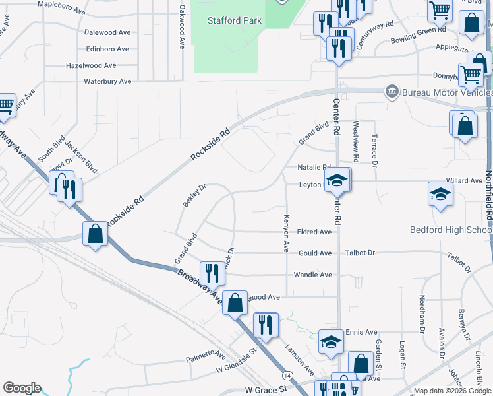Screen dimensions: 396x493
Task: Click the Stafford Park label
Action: pyautogui.click(x=235, y=20)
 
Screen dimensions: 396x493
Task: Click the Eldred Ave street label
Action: pyautogui.click(x=314, y=232)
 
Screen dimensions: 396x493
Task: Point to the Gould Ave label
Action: pyautogui.click(x=315, y=253)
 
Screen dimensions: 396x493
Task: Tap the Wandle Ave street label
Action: pyautogui.click(x=312, y=275)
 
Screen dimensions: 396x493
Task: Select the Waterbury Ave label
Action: pyautogui.click(x=108, y=81)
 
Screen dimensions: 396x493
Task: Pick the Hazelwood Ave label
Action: pyautogui.click(x=91, y=66)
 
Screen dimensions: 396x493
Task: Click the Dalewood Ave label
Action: pyautogui.click(x=108, y=32)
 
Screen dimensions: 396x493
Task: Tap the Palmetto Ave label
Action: pyautogui.click(x=205, y=356)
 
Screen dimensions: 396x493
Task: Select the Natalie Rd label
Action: pyautogui.click(x=313, y=168)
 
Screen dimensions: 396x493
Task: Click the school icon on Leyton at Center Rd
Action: pyautogui.click(x=337, y=180)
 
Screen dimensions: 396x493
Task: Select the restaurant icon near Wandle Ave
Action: pyautogui.click(x=211, y=271)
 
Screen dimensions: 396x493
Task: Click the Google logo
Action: pyautogui.click(x=22, y=388)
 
